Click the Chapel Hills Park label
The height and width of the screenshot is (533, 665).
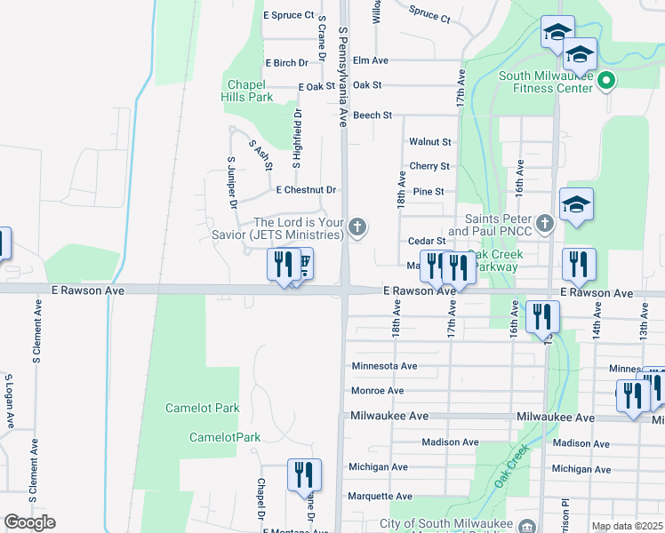(x=248, y=91)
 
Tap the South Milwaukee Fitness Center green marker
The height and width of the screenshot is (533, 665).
(x=606, y=83)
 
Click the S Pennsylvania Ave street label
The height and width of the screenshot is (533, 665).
(x=342, y=76)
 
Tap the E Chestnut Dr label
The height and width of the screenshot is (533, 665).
(x=306, y=190)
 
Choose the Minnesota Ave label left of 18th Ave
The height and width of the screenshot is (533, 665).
(x=384, y=366)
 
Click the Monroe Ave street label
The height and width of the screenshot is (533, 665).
(x=377, y=391)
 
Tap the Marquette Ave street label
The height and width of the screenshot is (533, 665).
(x=380, y=497)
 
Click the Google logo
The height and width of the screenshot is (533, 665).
(x=29, y=522)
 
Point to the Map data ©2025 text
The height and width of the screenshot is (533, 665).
(x=628, y=526)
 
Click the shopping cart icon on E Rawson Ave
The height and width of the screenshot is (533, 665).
(x=303, y=265)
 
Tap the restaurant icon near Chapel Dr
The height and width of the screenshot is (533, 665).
(x=304, y=474)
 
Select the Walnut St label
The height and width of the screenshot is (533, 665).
(x=430, y=141)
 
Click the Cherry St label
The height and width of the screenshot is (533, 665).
(x=429, y=166)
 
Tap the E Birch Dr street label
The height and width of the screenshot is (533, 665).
(x=286, y=63)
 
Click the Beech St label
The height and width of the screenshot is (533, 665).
(x=373, y=115)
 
